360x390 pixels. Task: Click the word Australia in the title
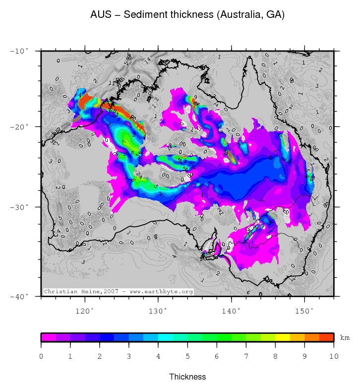click(x=235, y=15)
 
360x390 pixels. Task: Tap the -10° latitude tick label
click(x=20, y=51)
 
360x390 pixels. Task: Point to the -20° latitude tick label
click(x=20, y=127)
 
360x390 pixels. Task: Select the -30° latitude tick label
click(x=20, y=207)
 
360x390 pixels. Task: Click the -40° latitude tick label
click(x=20, y=296)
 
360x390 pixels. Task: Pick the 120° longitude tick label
click(x=85, y=311)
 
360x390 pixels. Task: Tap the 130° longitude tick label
click(x=158, y=311)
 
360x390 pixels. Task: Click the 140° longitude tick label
click(x=231, y=311)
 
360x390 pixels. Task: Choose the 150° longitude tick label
click(x=304, y=311)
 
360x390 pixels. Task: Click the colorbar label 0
click(x=41, y=356)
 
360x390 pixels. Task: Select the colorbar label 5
click(x=187, y=356)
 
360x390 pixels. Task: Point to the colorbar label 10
click(x=334, y=356)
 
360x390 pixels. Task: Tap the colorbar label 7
click(x=246, y=356)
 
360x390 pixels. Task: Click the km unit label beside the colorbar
click(x=345, y=338)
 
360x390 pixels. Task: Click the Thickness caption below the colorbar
click(x=187, y=377)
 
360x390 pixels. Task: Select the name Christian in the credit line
click(x=60, y=292)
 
